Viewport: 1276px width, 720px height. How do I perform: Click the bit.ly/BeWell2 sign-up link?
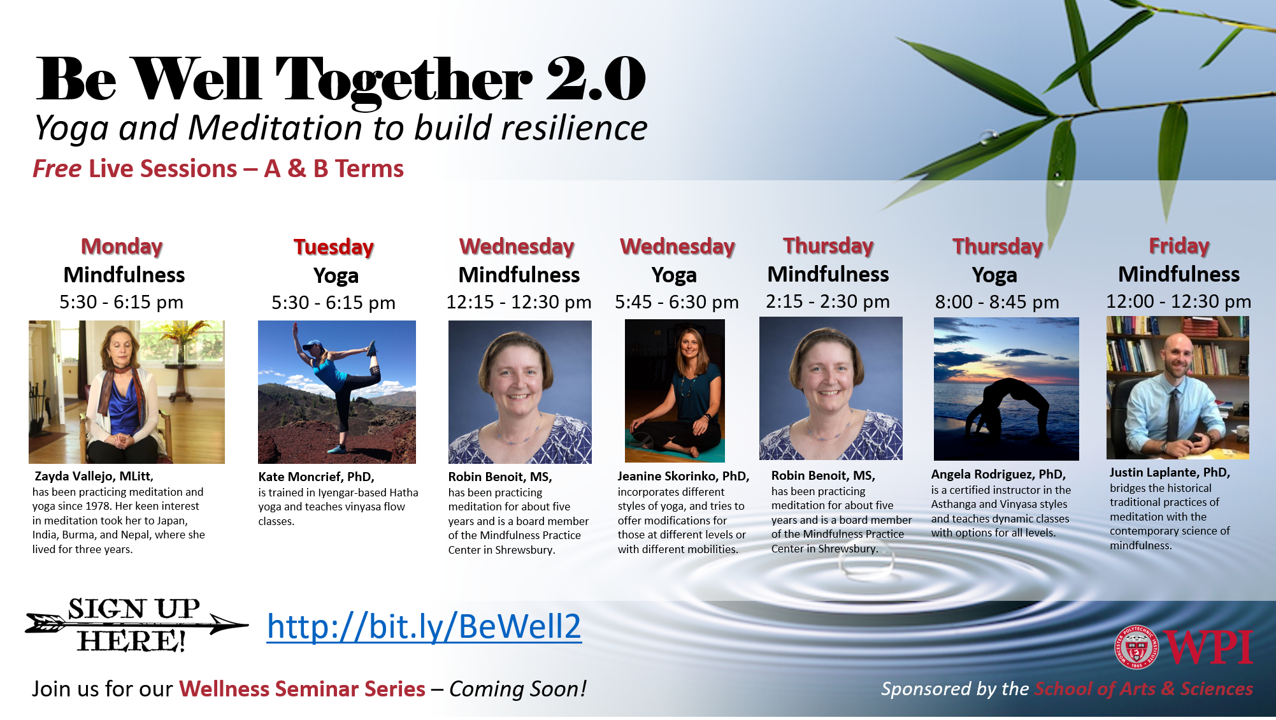pos(424,627)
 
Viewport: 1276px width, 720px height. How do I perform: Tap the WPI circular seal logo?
pos(1136,647)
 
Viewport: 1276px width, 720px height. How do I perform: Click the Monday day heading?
pos(122,246)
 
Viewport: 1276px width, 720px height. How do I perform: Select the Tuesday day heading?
pos(334,247)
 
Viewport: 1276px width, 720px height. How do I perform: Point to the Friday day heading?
pos(1179,245)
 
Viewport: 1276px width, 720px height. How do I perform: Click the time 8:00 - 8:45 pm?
pos(997,302)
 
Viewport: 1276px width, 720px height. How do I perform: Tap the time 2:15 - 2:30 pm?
pos(828,301)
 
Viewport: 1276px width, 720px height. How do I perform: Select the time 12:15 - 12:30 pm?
pos(519,302)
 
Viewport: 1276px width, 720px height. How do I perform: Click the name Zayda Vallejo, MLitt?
pos(94,477)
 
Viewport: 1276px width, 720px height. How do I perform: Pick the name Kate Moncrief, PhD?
pos(316,477)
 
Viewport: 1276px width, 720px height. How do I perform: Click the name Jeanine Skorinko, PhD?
pos(684,477)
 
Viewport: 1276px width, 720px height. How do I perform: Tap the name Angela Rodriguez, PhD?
pos(998,475)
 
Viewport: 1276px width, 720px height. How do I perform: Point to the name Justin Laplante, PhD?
pos(1170,473)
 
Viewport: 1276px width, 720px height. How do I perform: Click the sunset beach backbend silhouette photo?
pos(1007,389)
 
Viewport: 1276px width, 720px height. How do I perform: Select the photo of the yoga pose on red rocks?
pos(337,392)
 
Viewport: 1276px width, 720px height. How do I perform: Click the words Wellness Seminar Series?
pos(302,689)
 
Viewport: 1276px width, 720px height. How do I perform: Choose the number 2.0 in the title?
pos(596,79)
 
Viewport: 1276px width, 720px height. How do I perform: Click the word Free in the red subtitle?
pos(57,169)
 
